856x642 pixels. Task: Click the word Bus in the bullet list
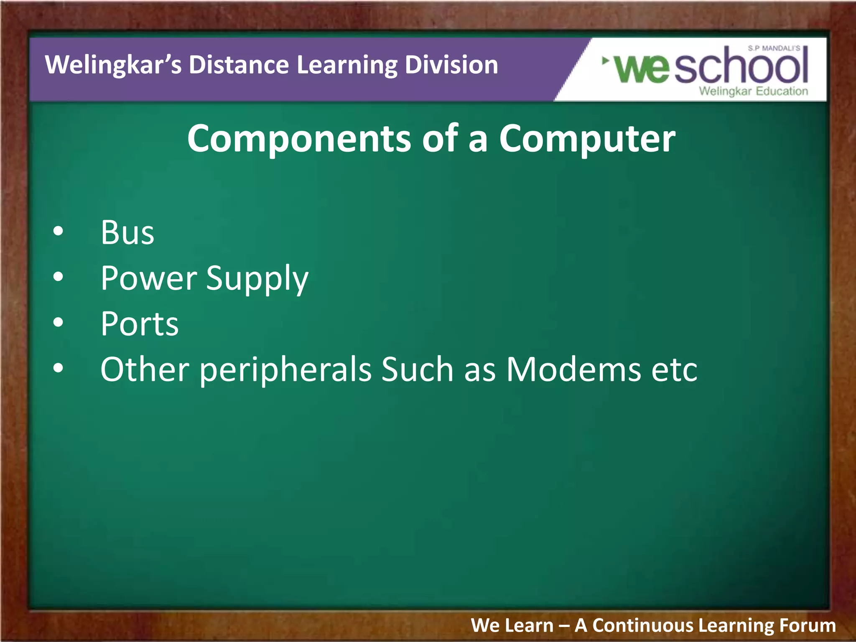click(127, 232)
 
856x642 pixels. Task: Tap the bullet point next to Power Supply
click(59, 277)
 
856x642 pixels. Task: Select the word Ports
click(140, 324)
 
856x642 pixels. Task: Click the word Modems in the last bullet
click(573, 369)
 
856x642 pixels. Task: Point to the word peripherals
click(285, 370)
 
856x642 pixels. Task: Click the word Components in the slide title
click(299, 139)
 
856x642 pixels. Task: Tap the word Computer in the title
click(587, 139)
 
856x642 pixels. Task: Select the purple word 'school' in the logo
click(741, 66)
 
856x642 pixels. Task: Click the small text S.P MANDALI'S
click(774, 48)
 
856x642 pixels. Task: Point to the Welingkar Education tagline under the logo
click(754, 91)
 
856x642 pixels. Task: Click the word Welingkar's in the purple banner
click(113, 65)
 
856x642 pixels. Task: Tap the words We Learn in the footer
click(512, 626)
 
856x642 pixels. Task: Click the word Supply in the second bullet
click(257, 279)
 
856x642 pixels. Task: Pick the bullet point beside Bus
click(59, 231)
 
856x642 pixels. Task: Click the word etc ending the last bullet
click(674, 369)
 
